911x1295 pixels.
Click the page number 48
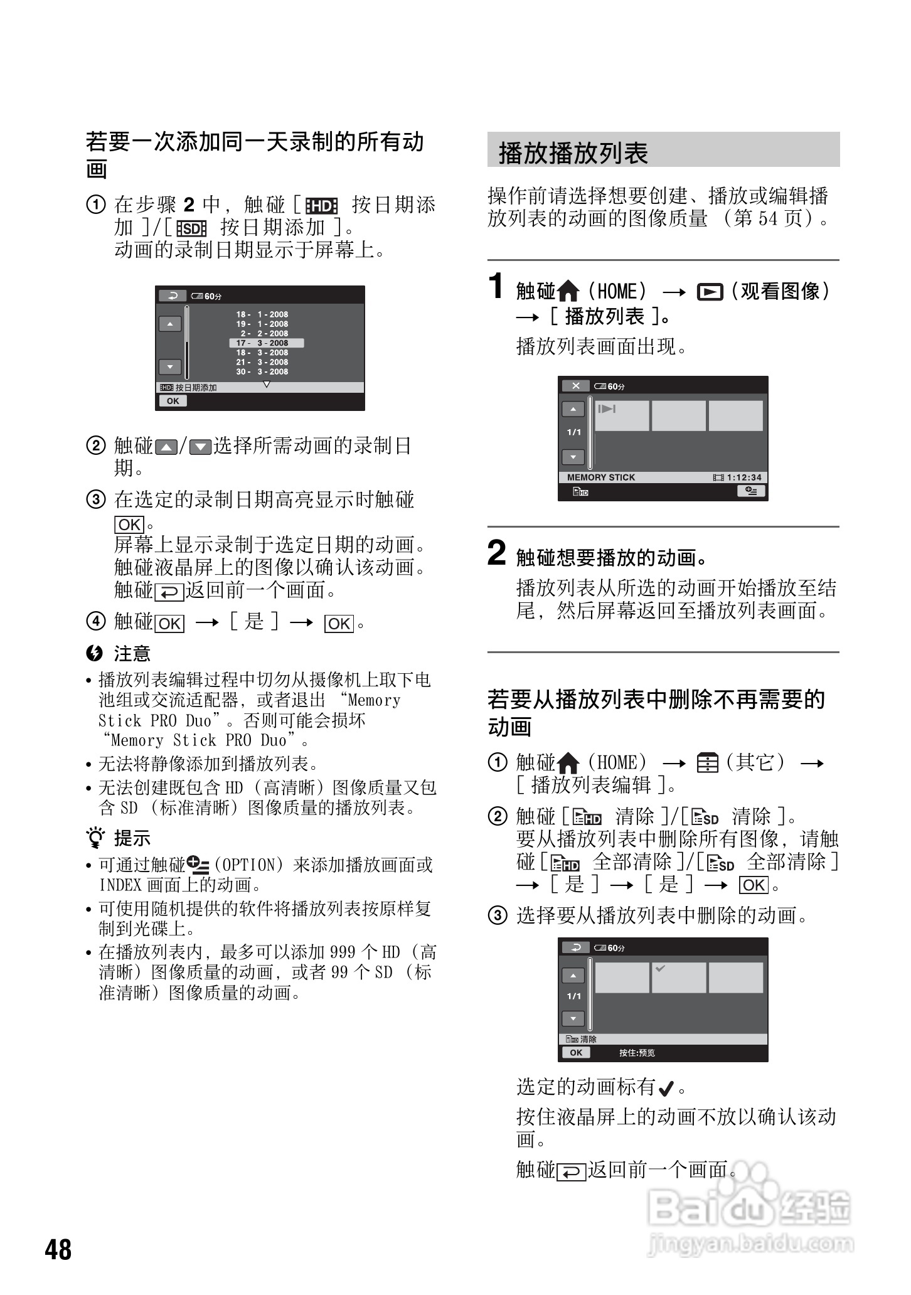[x=58, y=1249]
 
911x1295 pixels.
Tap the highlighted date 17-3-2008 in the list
[x=266, y=343]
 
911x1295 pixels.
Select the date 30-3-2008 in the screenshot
[x=262, y=371]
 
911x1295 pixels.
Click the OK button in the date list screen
[x=173, y=401]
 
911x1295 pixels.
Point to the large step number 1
[x=496, y=287]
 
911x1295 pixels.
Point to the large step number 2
[x=496, y=553]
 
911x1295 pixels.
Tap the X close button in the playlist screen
[x=575, y=386]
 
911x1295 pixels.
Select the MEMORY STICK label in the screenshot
[x=600, y=477]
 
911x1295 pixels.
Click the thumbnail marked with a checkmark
[x=678, y=978]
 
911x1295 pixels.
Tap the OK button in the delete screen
[x=576, y=1053]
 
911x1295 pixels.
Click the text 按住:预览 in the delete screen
[x=637, y=1053]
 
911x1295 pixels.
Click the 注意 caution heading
[x=132, y=654]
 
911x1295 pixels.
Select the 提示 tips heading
[x=132, y=838]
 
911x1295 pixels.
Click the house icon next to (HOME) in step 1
[x=568, y=291]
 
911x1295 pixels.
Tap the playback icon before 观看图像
[x=710, y=292]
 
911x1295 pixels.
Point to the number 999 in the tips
[x=343, y=952]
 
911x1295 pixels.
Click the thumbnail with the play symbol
[x=621, y=415]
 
